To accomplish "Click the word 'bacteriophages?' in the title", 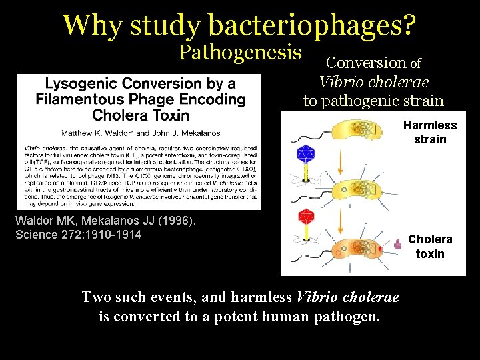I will point(312,25).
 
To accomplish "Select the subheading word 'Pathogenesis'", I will point(241,53).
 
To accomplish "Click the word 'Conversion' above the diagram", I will point(365,63).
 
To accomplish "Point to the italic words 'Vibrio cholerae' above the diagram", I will point(373,82).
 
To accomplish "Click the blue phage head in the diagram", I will point(305,155).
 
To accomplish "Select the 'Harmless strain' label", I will point(430,132).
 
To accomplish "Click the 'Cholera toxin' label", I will point(430,246).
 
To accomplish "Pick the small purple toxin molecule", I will point(398,245).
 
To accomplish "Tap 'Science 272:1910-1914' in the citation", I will point(78,234).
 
